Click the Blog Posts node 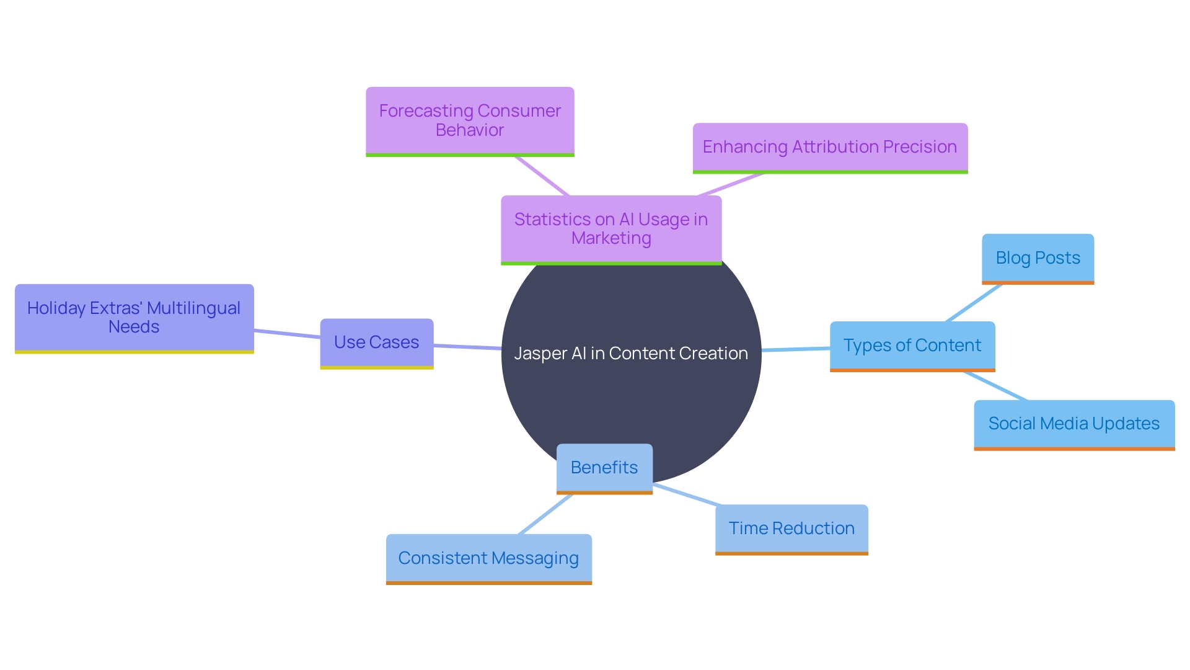1038,258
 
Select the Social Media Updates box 1073,424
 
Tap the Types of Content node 912,346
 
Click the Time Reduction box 791,529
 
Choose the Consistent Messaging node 488,558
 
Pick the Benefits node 604,468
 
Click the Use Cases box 376,342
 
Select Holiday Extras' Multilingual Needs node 134,318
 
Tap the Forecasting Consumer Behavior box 470,120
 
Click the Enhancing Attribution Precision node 829,147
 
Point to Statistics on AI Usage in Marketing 610,229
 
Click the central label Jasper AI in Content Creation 631,354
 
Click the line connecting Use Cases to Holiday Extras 287,334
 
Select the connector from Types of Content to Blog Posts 974,303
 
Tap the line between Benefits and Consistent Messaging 545,514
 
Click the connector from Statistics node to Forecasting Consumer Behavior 542,176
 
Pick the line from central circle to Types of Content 795,349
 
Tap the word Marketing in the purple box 611,238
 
